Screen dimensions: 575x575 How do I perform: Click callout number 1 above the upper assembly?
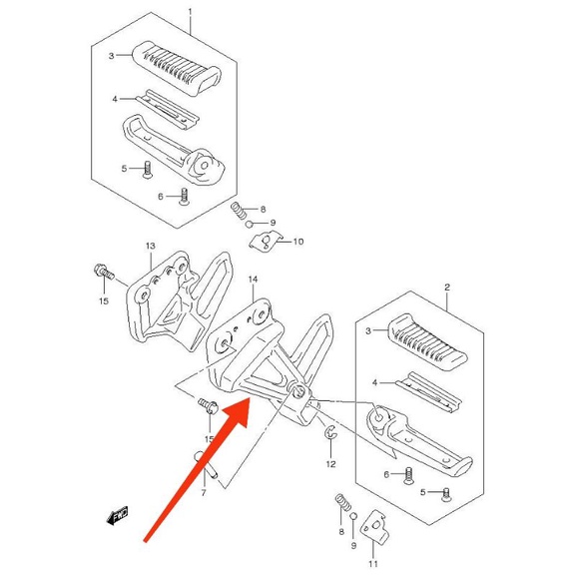tap(190, 12)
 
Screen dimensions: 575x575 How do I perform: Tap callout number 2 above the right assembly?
tap(447, 287)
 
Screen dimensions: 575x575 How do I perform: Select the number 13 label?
tap(151, 246)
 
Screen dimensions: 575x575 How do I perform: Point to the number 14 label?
tap(253, 280)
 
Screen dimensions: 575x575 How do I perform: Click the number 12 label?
tap(330, 464)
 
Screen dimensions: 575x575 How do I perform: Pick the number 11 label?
tap(373, 564)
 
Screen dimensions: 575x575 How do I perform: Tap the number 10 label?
tap(298, 242)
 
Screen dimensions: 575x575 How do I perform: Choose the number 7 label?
tap(204, 493)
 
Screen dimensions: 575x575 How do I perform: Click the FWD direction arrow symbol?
tap(118, 515)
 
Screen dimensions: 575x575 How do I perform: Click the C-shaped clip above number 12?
tap(330, 431)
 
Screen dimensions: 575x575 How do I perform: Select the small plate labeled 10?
tap(265, 241)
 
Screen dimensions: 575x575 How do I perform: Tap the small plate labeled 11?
tap(374, 526)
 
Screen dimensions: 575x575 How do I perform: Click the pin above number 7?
tap(206, 464)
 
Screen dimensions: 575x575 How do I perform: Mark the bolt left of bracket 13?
tap(104, 272)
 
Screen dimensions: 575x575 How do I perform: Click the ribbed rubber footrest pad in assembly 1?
tap(176, 68)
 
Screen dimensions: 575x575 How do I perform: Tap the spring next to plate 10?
tap(239, 211)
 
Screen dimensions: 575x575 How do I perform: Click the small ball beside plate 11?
tap(353, 517)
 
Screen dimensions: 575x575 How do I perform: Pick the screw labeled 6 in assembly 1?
tap(184, 197)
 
